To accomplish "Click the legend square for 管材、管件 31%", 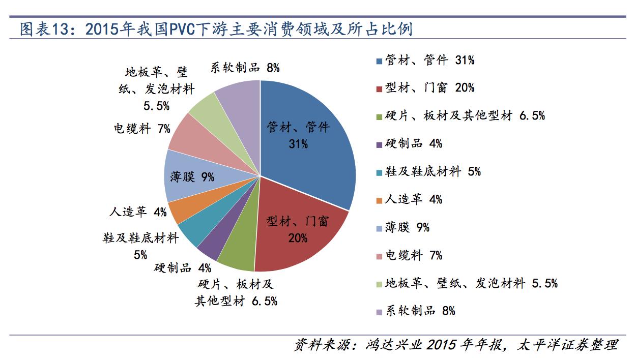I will [379, 61].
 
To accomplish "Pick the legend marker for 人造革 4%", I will [379, 200].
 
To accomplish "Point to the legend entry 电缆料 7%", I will [414, 255].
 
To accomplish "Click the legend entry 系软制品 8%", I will [420, 311].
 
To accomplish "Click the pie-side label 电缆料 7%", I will [142, 129].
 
